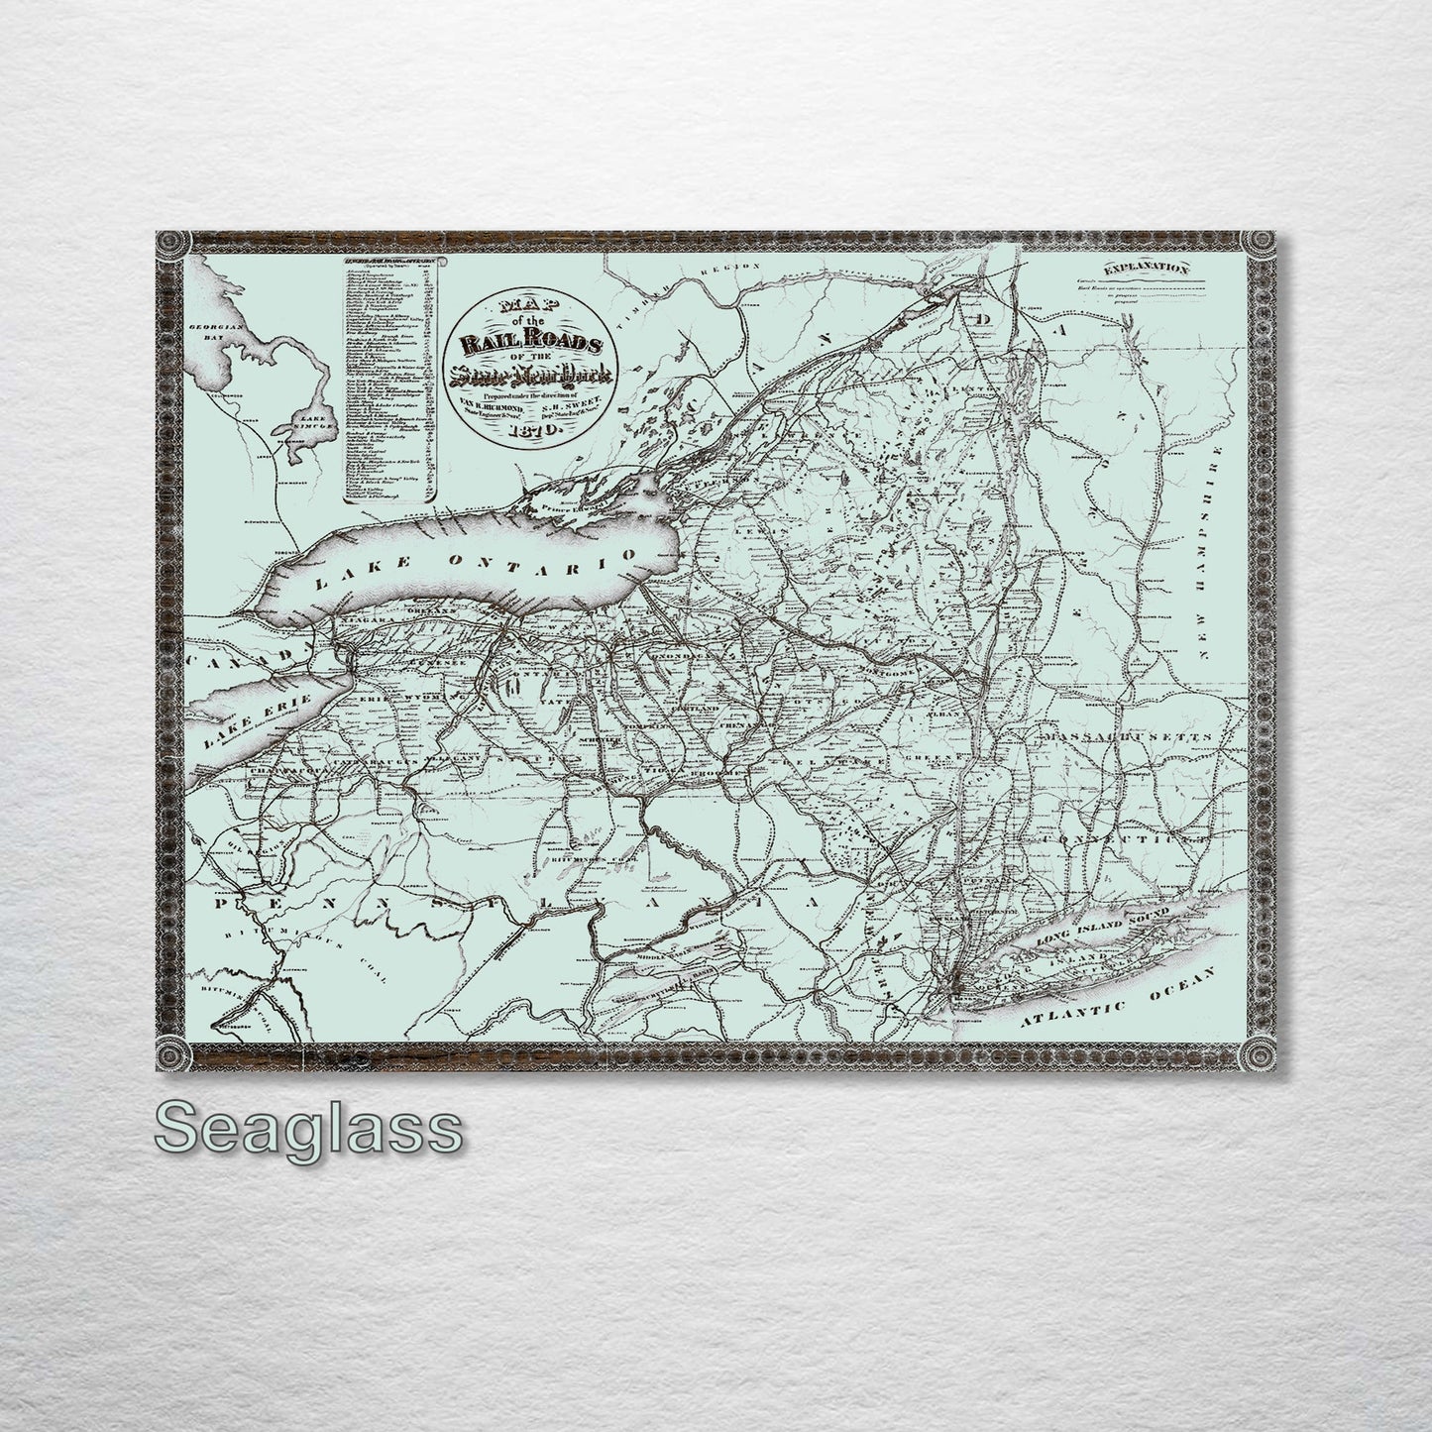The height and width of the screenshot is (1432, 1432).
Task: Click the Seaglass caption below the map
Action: (308, 1128)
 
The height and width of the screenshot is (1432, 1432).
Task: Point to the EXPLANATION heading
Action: (1147, 268)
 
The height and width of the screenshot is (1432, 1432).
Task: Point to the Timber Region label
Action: (704, 287)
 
